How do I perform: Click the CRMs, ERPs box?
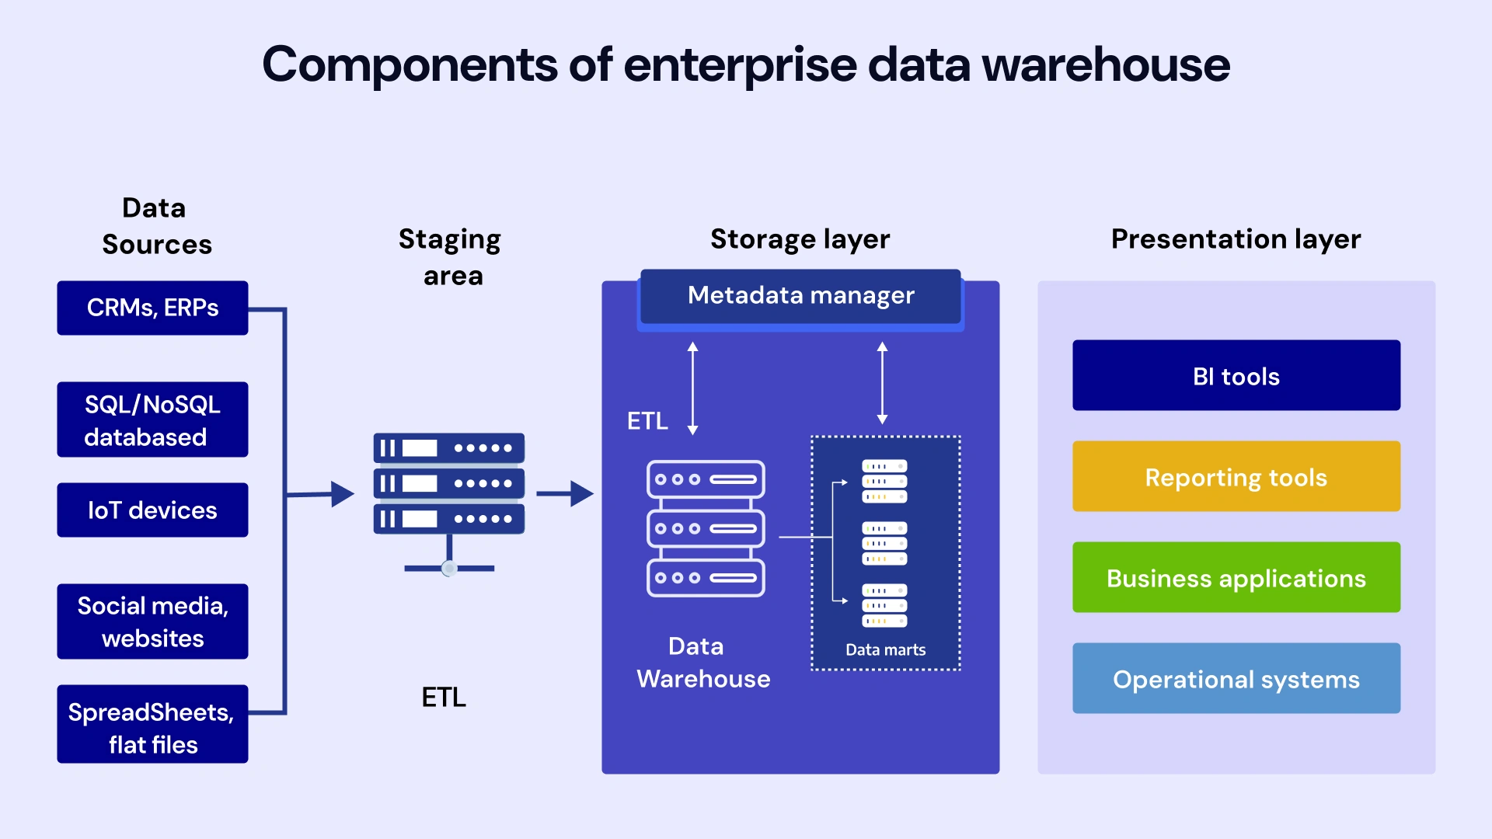tap(152, 308)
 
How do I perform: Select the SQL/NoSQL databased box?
tap(152, 419)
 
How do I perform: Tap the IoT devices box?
tap(152, 510)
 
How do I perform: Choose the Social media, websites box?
tap(152, 621)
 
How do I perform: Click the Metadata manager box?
tap(800, 296)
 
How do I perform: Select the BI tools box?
tap(1236, 376)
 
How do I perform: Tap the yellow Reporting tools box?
tap(1236, 477)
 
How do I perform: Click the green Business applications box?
tap(1236, 578)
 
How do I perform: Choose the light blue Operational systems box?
tap(1236, 679)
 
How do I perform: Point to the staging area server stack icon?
tap(448, 484)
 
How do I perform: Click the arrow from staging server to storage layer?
tap(565, 493)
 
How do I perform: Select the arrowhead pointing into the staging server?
tap(342, 493)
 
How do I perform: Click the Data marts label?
tap(885, 649)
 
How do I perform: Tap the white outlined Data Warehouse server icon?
tap(706, 529)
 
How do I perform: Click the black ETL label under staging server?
tap(444, 698)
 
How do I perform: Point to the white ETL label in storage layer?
tap(647, 421)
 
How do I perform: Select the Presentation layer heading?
tap(1236, 239)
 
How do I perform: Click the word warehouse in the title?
tap(1106, 65)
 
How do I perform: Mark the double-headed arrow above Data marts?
tap(882, 382)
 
